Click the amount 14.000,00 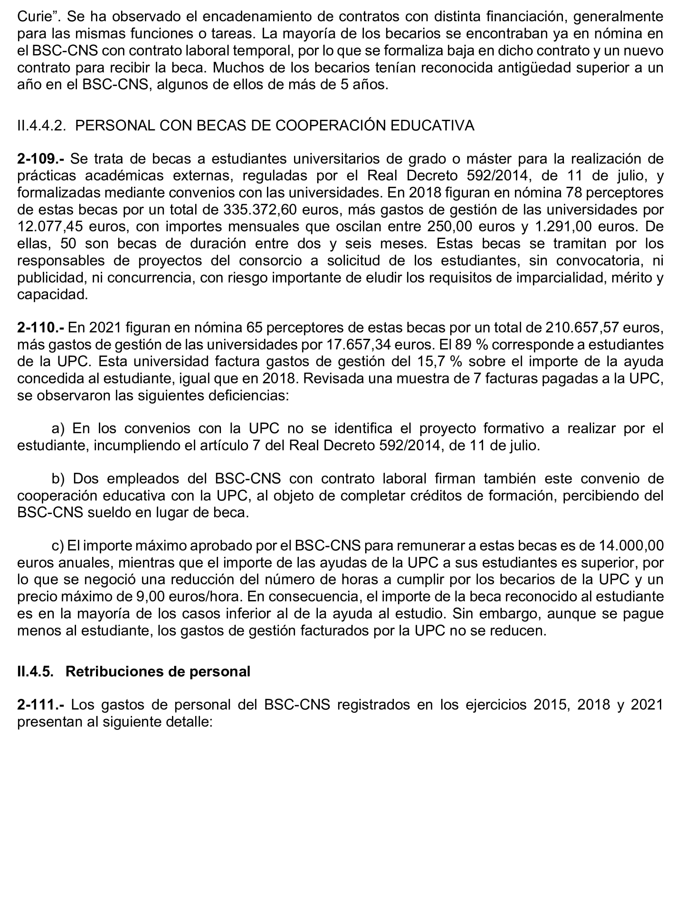point(631,546)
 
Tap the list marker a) point(58,429)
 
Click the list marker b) point(58,479)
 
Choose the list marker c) point(58,546)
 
